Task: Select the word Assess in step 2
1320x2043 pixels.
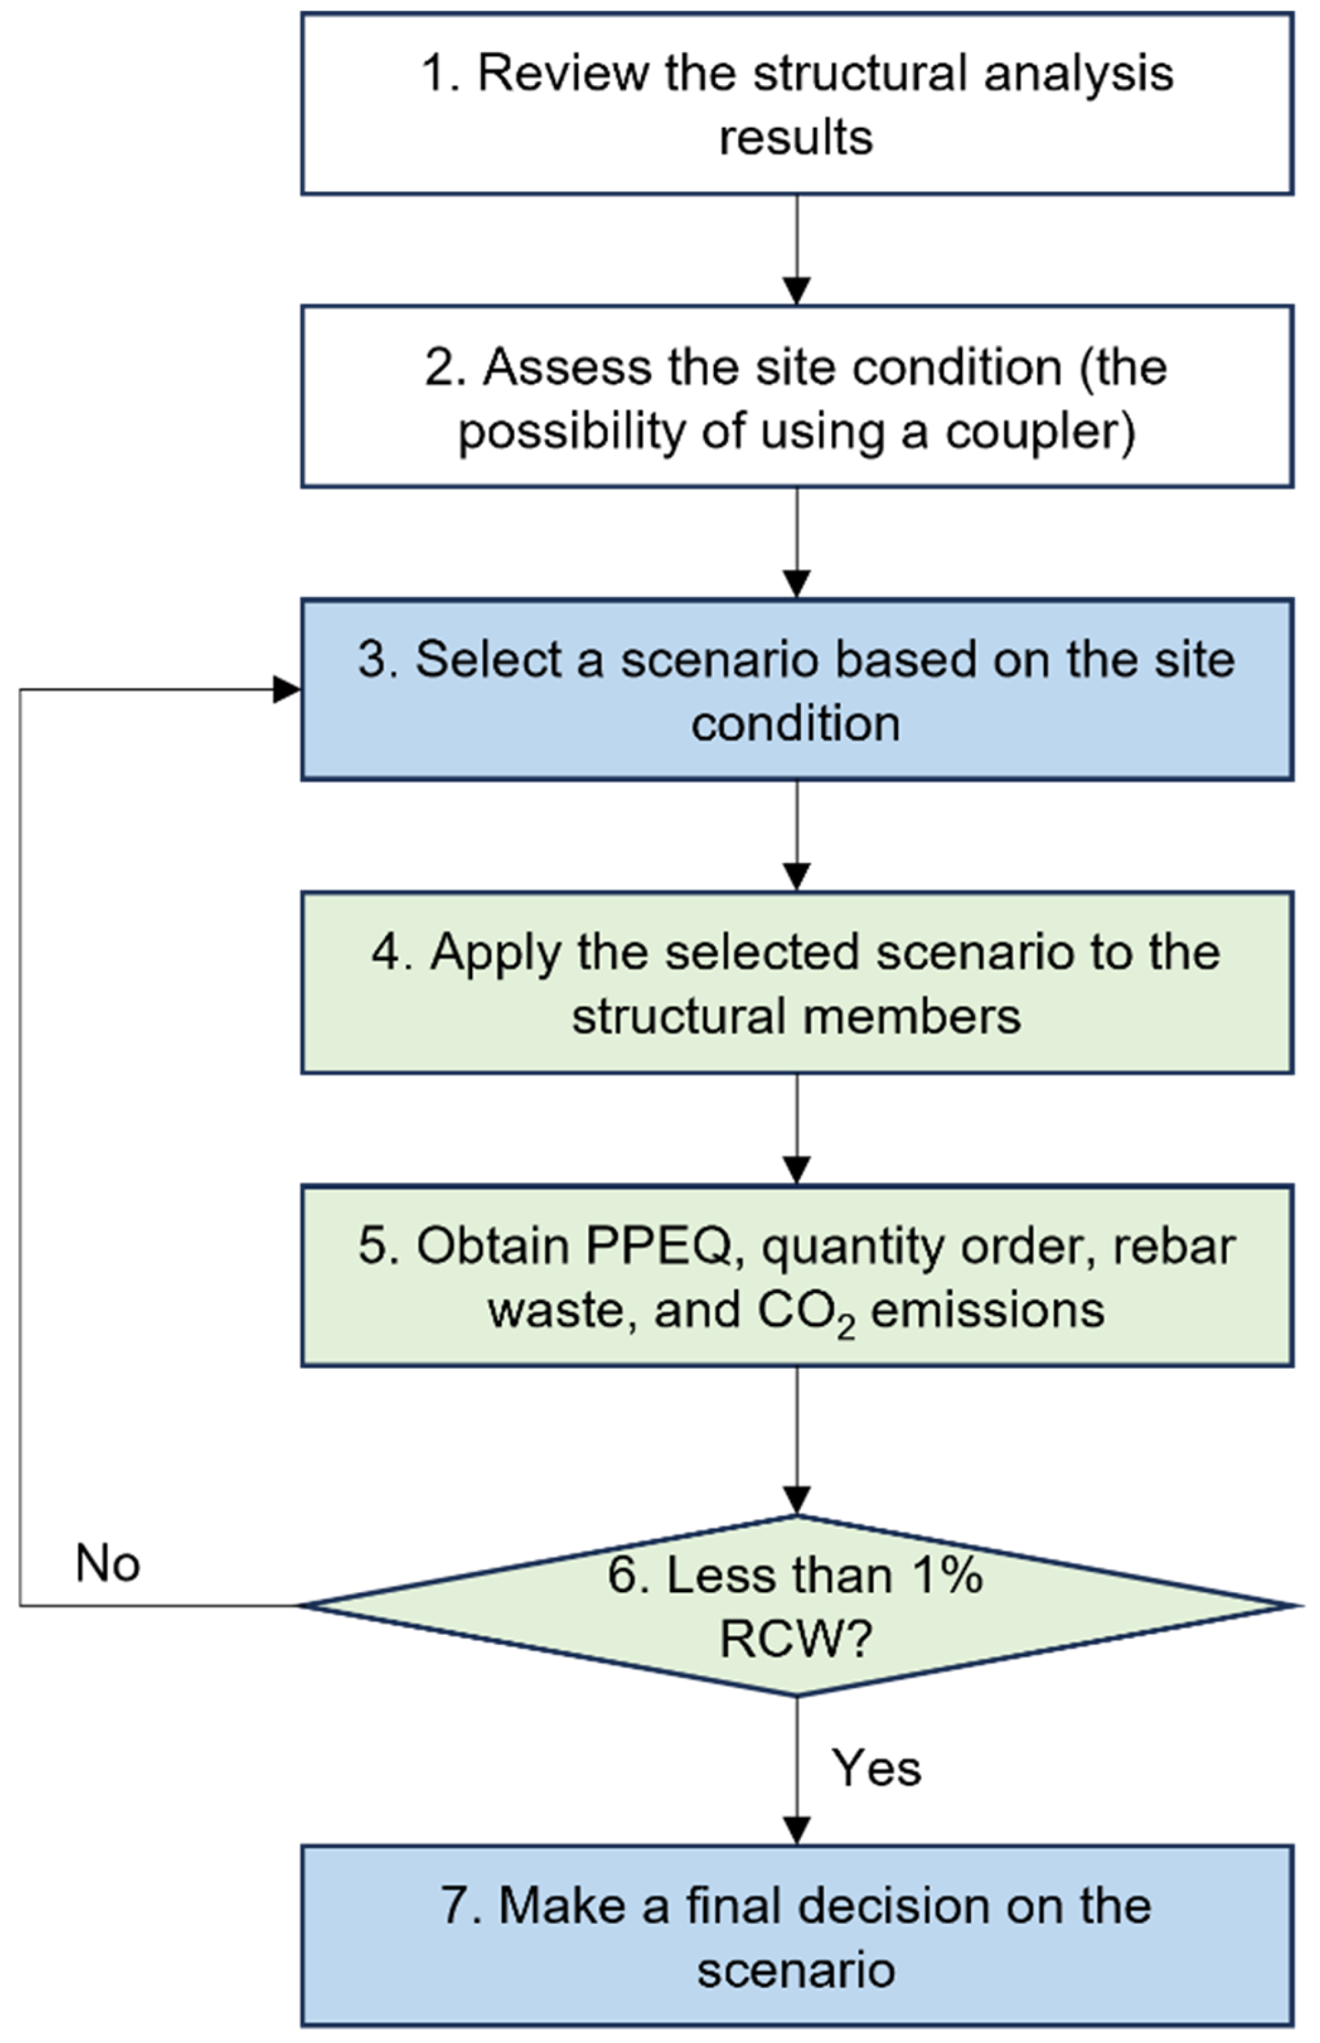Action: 567,367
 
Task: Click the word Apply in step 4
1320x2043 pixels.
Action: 494,953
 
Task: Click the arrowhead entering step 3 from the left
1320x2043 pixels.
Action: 286,689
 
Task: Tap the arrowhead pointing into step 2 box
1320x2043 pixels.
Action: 797,291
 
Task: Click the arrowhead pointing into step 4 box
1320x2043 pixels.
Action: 797,877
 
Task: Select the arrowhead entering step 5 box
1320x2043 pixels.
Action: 797,1170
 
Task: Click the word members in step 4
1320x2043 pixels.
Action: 911,1018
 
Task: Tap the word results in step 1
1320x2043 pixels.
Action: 796,137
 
